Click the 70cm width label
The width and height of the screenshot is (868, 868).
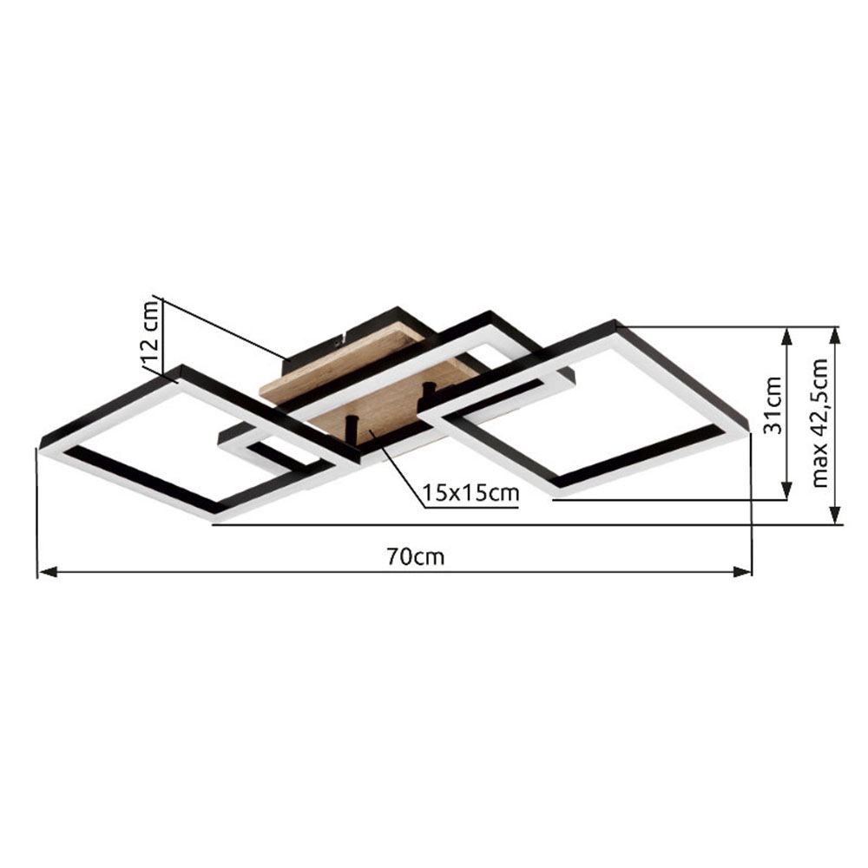tap(415, 556)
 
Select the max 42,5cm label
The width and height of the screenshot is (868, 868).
tap(820, 423)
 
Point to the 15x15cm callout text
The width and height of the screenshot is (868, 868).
tap(470, 492)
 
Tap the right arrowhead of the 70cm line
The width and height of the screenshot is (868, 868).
tap(742, 572)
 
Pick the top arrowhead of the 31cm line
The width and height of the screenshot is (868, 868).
tap(786, 335)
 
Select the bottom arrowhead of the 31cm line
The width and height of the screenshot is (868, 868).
tap(786, 490)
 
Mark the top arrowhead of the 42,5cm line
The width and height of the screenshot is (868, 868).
tap(836, 335)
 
